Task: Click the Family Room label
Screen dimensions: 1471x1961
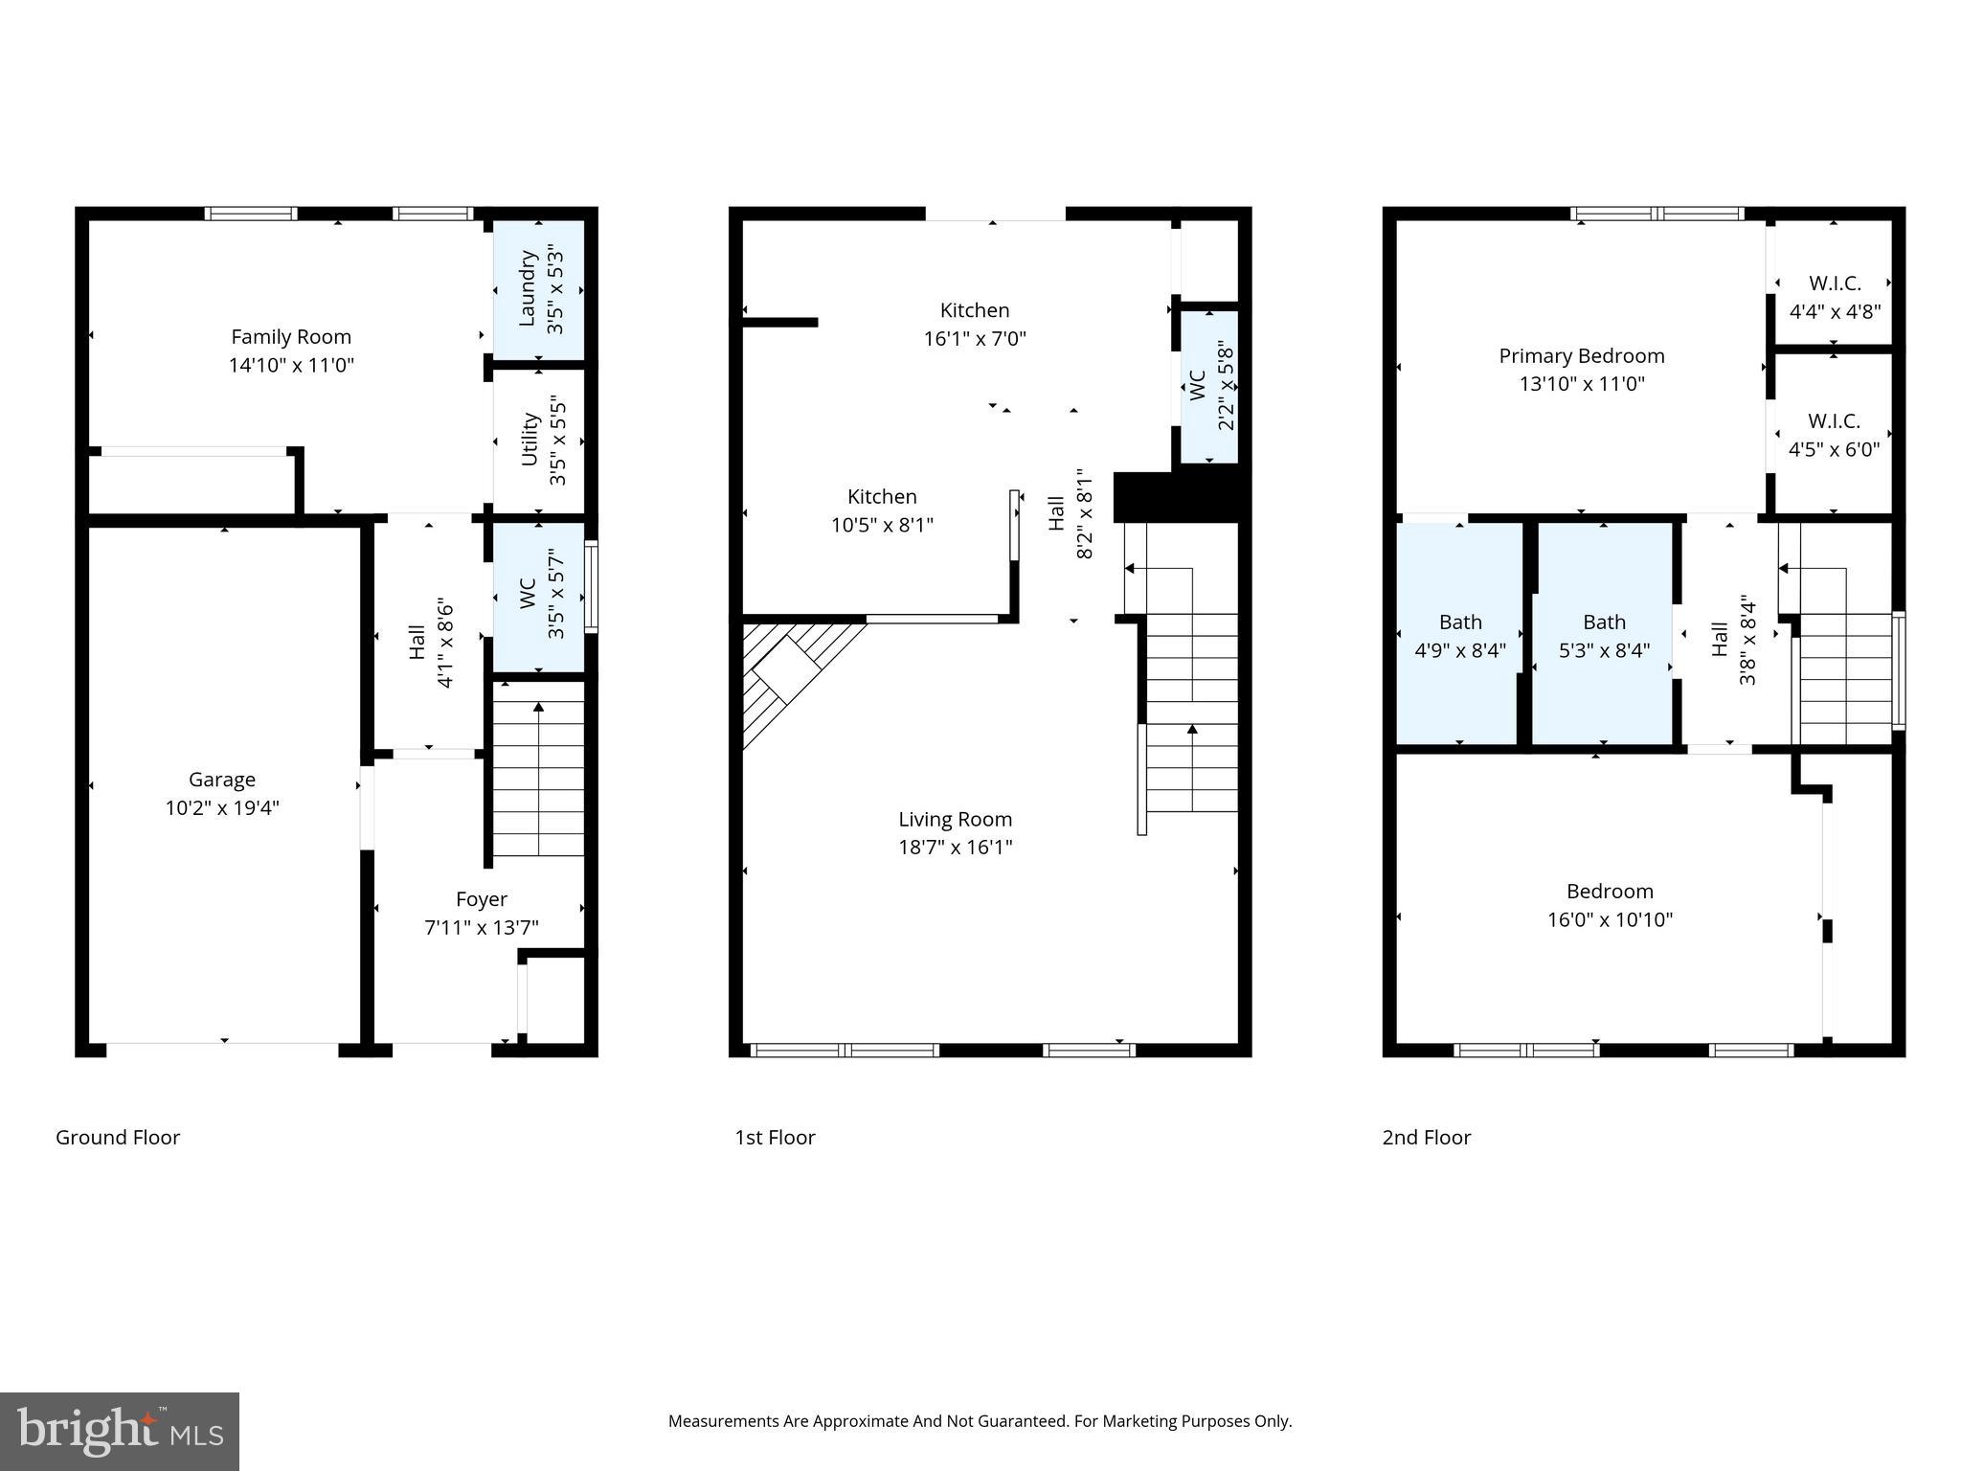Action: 291,337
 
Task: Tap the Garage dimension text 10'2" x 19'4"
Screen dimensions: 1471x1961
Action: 222,807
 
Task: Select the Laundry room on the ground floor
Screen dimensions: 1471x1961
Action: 539,289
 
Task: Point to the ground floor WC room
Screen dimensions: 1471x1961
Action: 539,595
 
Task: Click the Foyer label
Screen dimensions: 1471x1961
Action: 481,899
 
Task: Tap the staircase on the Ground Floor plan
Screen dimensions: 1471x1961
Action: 538,776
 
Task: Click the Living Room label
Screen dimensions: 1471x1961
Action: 955,819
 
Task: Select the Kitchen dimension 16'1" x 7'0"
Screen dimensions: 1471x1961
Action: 975,338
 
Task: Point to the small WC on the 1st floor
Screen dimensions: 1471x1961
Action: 1209,387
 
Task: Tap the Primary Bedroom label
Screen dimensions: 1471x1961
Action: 1581,356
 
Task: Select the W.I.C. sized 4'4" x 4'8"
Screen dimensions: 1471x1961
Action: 1835,297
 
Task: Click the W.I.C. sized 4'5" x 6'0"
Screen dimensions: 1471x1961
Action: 1834,435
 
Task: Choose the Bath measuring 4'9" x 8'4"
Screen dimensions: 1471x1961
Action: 1460,636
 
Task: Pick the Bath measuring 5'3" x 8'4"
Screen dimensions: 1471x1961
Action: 1604,636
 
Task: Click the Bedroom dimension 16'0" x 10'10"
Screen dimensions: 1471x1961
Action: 1610,919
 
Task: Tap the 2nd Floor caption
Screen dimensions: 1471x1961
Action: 1426,1137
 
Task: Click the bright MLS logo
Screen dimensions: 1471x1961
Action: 120,1431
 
